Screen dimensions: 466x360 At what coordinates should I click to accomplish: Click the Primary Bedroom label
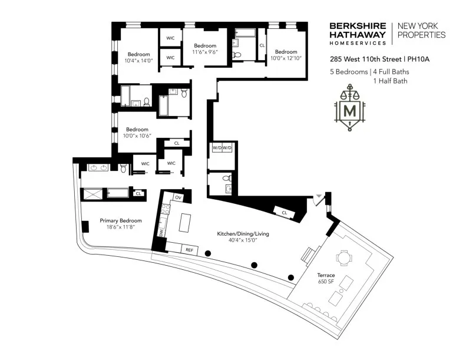click(x=120, y=220)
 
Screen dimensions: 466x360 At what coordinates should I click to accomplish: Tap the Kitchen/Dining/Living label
click(x=243, y=234)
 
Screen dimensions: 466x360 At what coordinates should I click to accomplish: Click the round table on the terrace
click(x=343, y=257)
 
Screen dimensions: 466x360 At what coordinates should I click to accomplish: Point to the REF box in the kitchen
click(x=189, y=249)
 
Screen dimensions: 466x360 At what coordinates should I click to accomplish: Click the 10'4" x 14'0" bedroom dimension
click(x=138, y=60)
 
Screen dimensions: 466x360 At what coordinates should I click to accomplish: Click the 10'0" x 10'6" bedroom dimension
click(x=137, y=136)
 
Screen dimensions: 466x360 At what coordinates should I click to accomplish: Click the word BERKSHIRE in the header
click(x=358, y=26)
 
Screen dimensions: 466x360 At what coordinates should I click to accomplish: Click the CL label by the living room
click(x=284, y=212)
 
